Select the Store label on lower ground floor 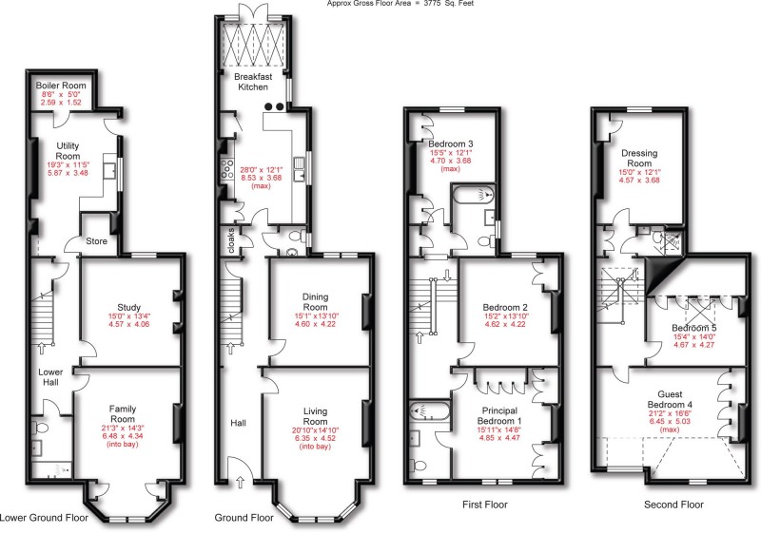(x=97, y=241)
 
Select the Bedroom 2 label (x=505, y=308)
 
